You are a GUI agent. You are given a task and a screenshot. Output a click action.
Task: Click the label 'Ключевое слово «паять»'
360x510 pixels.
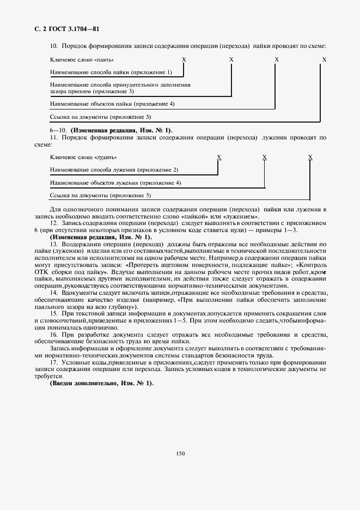[x=82, y=59]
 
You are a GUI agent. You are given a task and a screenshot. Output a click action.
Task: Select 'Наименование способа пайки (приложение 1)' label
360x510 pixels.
[x=111, y=72]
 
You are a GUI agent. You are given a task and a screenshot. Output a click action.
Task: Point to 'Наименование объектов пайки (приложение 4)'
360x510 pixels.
[x=112, y=104]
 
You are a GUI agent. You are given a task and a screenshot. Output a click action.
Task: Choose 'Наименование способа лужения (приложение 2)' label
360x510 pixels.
[x=114, y=170]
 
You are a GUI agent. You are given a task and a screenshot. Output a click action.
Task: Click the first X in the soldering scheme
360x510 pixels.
[x=184, y=59]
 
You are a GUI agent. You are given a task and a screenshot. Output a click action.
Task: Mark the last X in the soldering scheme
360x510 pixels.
[x=324, y=59]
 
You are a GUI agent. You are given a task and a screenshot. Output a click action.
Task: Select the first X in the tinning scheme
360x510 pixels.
[x=219, y=157]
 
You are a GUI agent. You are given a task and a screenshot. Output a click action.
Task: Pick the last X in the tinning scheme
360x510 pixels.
[x=310, y=157]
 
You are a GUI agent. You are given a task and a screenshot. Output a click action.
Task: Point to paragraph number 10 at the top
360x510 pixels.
[x=53, y=47]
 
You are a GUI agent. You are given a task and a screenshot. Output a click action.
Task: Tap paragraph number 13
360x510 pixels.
[x=53, y=244]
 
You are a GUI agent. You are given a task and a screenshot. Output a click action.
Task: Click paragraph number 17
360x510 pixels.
[x=53, y=362]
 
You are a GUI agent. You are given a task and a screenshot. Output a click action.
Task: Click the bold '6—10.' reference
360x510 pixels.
[x=57, y=130]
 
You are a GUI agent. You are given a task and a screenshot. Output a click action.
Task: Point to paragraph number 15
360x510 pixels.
[x=53, y=314]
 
